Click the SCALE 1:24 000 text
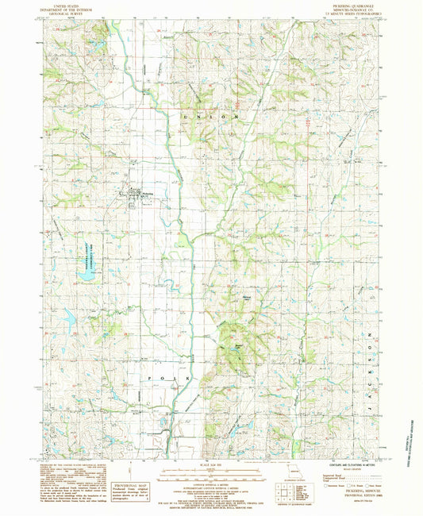point(212,464)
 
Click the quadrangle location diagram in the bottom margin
point(294,484)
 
